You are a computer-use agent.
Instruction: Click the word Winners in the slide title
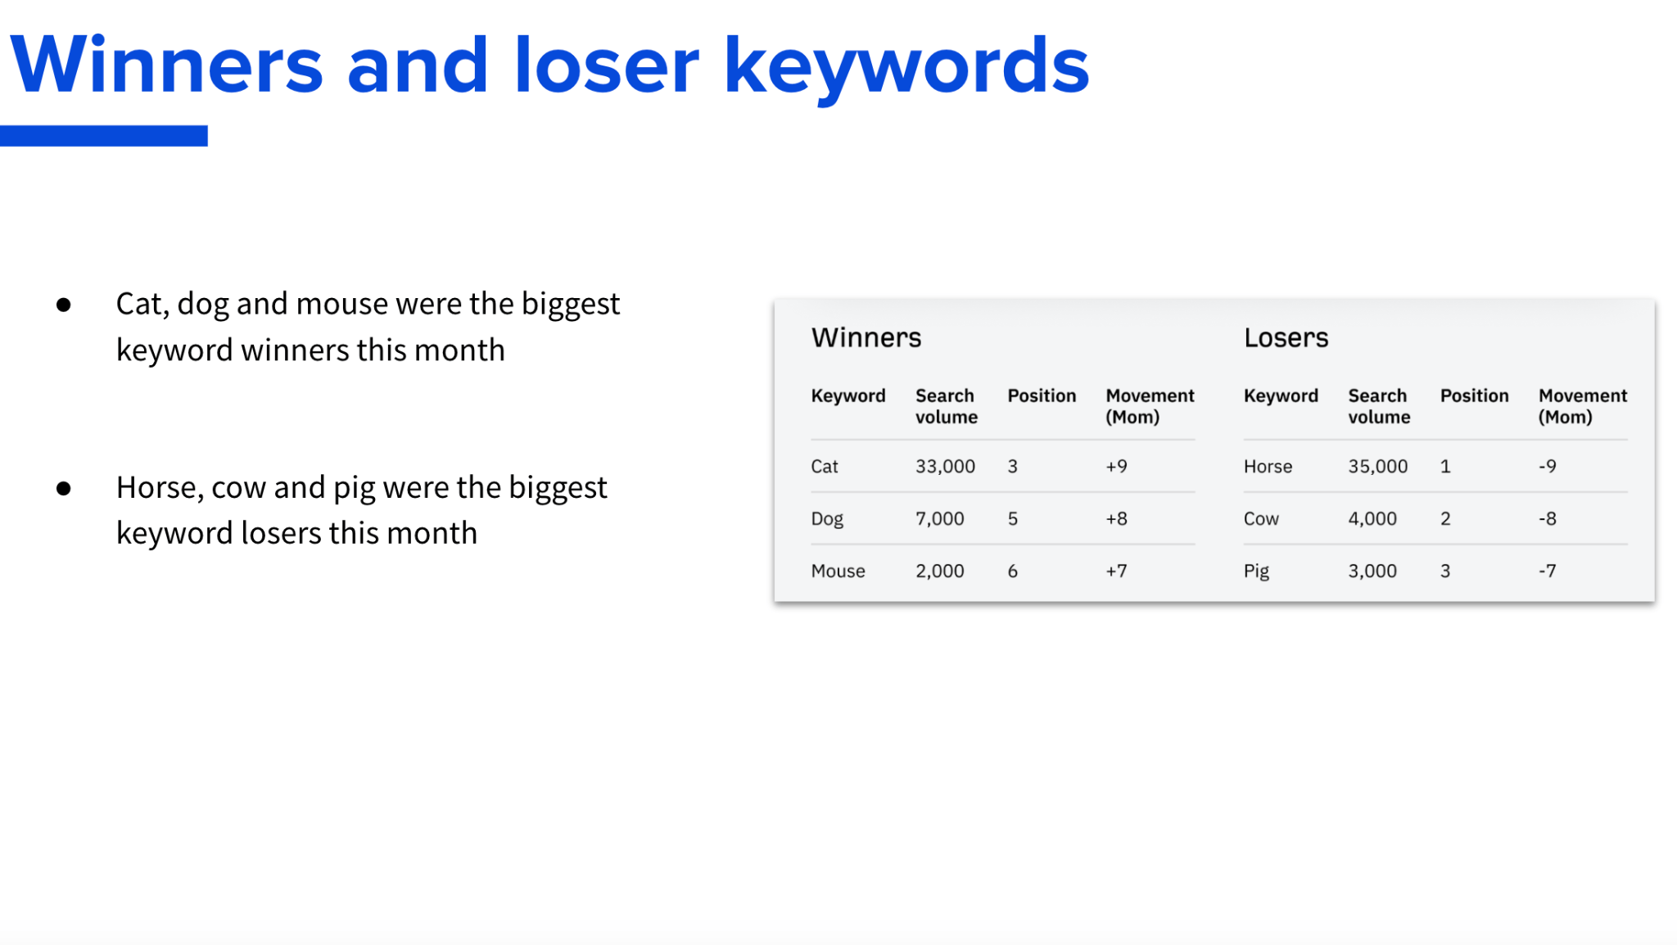point(166,66)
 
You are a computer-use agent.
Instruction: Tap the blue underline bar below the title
point(104,136)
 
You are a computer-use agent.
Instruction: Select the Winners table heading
point(866,337)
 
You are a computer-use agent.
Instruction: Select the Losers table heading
point(1286,337)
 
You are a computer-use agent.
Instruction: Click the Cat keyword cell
point(824,467)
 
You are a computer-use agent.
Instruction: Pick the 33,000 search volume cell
point(945,467)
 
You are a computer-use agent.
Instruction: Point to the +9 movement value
point(1116,467)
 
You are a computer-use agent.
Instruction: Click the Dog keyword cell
point(826,519)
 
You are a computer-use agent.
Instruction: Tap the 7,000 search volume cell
point(939,519)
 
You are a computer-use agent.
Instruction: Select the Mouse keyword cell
point(838,572)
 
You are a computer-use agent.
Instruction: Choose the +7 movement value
point(1116,572)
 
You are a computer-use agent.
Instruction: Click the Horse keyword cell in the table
point(1268,467)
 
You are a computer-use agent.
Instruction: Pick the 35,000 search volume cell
point(1377,467)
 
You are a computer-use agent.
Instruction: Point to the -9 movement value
point(1547,467)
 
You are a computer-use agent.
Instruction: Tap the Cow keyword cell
point(1261,519)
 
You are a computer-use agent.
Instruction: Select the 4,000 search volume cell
point(1372,519)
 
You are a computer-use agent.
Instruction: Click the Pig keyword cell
point(1256,572)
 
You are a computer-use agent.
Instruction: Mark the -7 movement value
point(1547,572)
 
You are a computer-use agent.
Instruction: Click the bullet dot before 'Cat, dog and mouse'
point(64,305)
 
